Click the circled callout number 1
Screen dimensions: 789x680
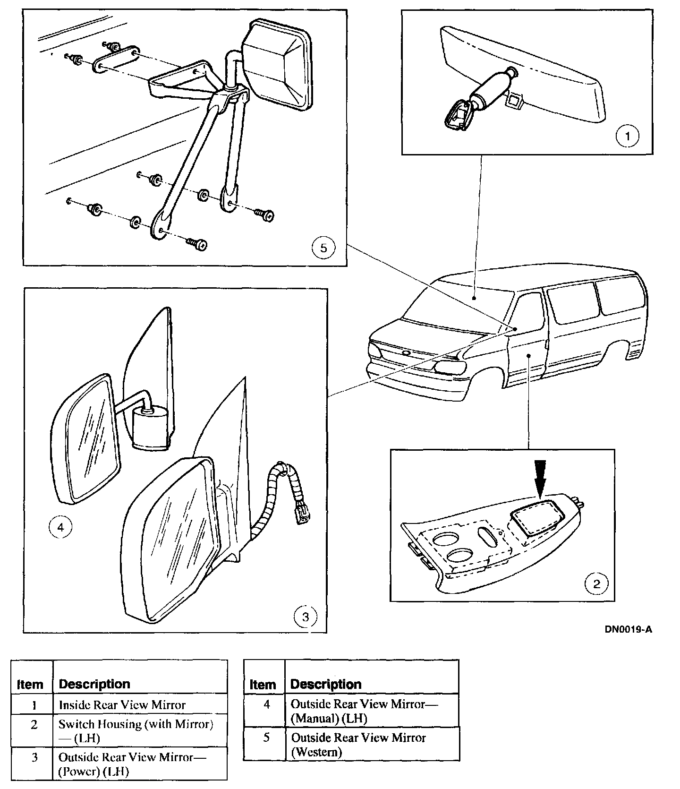(628, 137)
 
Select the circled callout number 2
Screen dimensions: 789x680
(597, 583)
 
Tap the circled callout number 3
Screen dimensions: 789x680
(305, 617)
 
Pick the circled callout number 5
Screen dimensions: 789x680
(323, 248)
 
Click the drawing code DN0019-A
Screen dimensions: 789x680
(629, 629)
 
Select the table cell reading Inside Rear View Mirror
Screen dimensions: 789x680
(122, 705)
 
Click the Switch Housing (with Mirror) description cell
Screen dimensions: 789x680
(136, 730)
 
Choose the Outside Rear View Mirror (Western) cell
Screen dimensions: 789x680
(358, 744)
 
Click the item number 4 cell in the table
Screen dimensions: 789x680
(266, 704)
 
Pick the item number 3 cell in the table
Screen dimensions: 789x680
(34, 757)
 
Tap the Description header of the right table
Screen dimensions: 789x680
(326, 684)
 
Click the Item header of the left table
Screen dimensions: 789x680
(30, 684)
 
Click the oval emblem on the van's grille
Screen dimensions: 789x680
(406, 352)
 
